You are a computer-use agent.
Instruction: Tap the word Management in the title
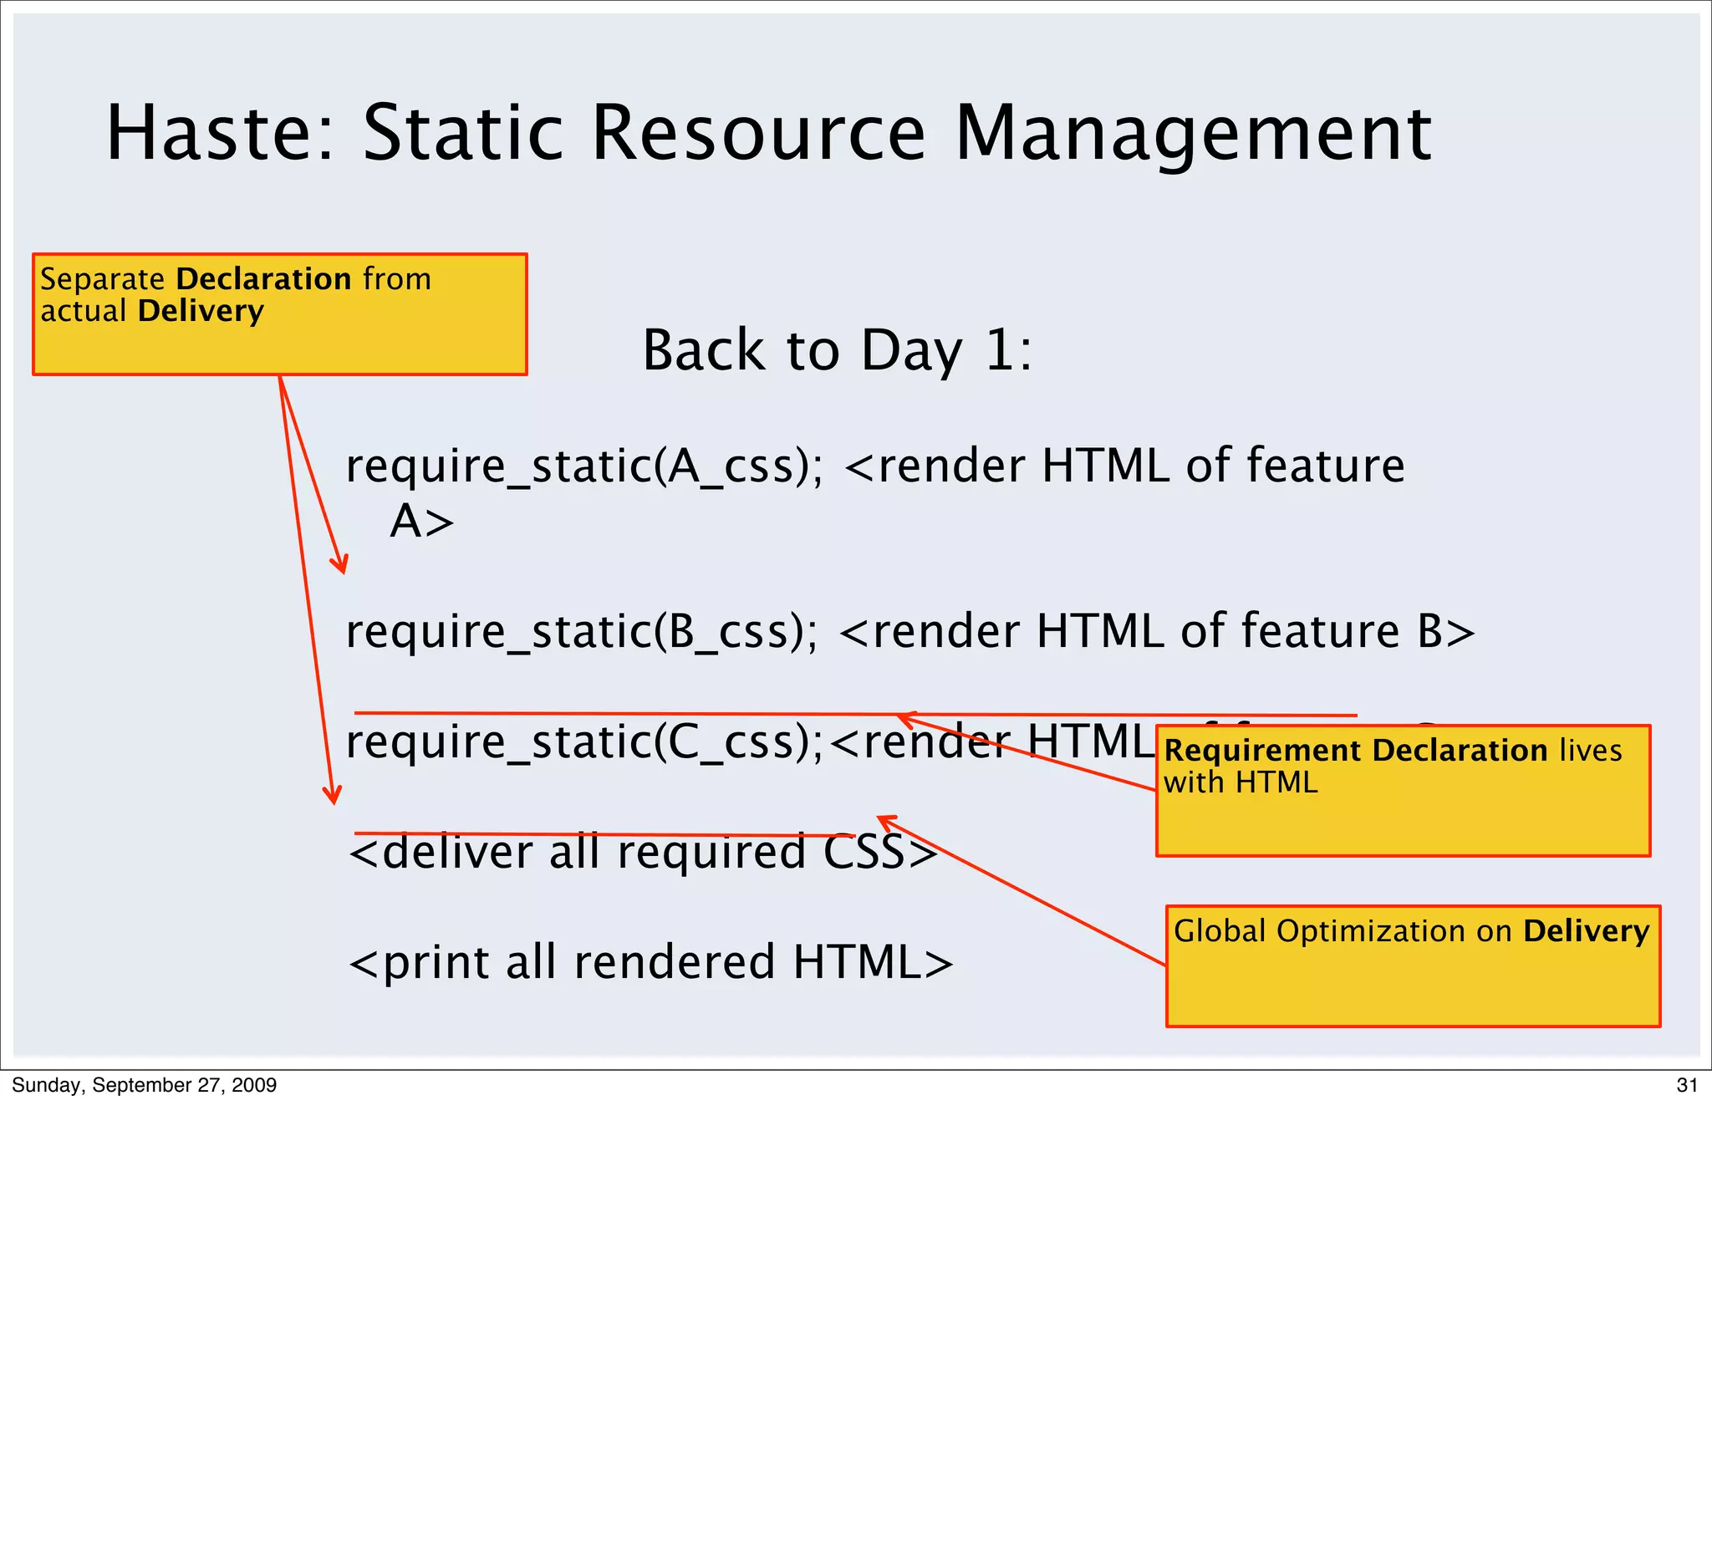click(x=1193, y=133)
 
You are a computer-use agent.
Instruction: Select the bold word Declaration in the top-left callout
click(x=263, y=278)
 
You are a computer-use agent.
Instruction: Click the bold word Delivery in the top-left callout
click(x=201, y=311)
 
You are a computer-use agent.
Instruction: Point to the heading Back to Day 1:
click(x=837, y=350)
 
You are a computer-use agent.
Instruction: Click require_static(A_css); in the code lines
click(x=584, y=466)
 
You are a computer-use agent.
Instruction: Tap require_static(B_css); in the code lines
click(x=582, y=632)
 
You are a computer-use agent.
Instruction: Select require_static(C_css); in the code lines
click(x=584, y=742)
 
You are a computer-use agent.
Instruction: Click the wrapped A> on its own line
click(x=422, y=522)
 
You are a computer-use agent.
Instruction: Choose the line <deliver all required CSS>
click(x=643, y=853)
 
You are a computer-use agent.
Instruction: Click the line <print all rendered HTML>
click(x=650, y=963)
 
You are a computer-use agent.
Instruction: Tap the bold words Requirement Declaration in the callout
click(x=1355, y=751)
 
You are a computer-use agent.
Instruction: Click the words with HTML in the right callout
click(x=1240, y=783)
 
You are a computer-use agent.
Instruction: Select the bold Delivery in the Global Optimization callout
click(x=1586, y=931)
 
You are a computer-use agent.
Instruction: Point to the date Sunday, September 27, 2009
click(x=145, y=1085)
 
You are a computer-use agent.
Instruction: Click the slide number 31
click(x=1687, y=1085)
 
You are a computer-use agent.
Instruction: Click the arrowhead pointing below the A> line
click(x=340, y=566)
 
